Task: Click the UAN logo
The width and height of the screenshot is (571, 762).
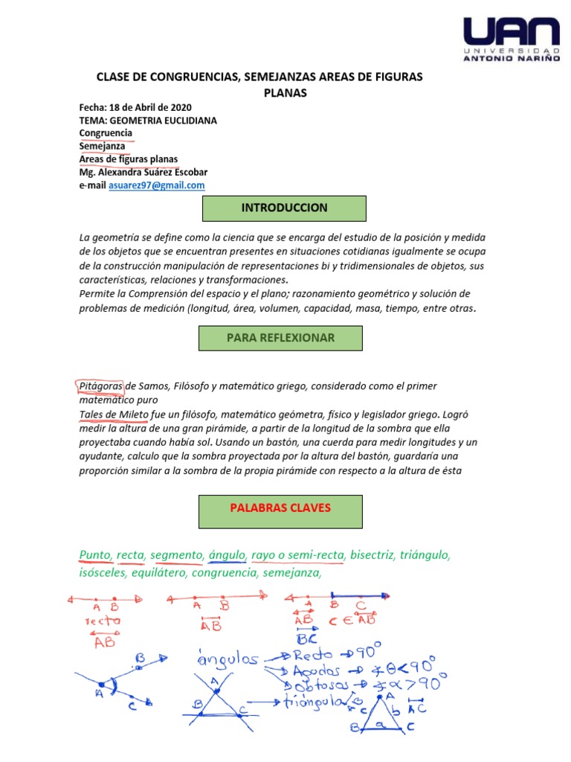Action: (511, 42)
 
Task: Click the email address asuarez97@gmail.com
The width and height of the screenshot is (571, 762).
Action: (156, 185)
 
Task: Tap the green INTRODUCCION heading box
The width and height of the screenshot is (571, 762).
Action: (284, 208)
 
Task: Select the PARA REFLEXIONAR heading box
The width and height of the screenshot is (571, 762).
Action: (280, 338)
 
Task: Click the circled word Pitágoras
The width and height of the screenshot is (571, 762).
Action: (100, 385)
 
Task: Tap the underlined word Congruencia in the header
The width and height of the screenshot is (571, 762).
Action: (106, 133)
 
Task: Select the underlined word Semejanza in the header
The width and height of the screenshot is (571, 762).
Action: (103, 147)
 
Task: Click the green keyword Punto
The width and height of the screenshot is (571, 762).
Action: (94, 554)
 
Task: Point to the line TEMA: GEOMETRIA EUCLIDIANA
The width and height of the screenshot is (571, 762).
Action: (148, 121)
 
